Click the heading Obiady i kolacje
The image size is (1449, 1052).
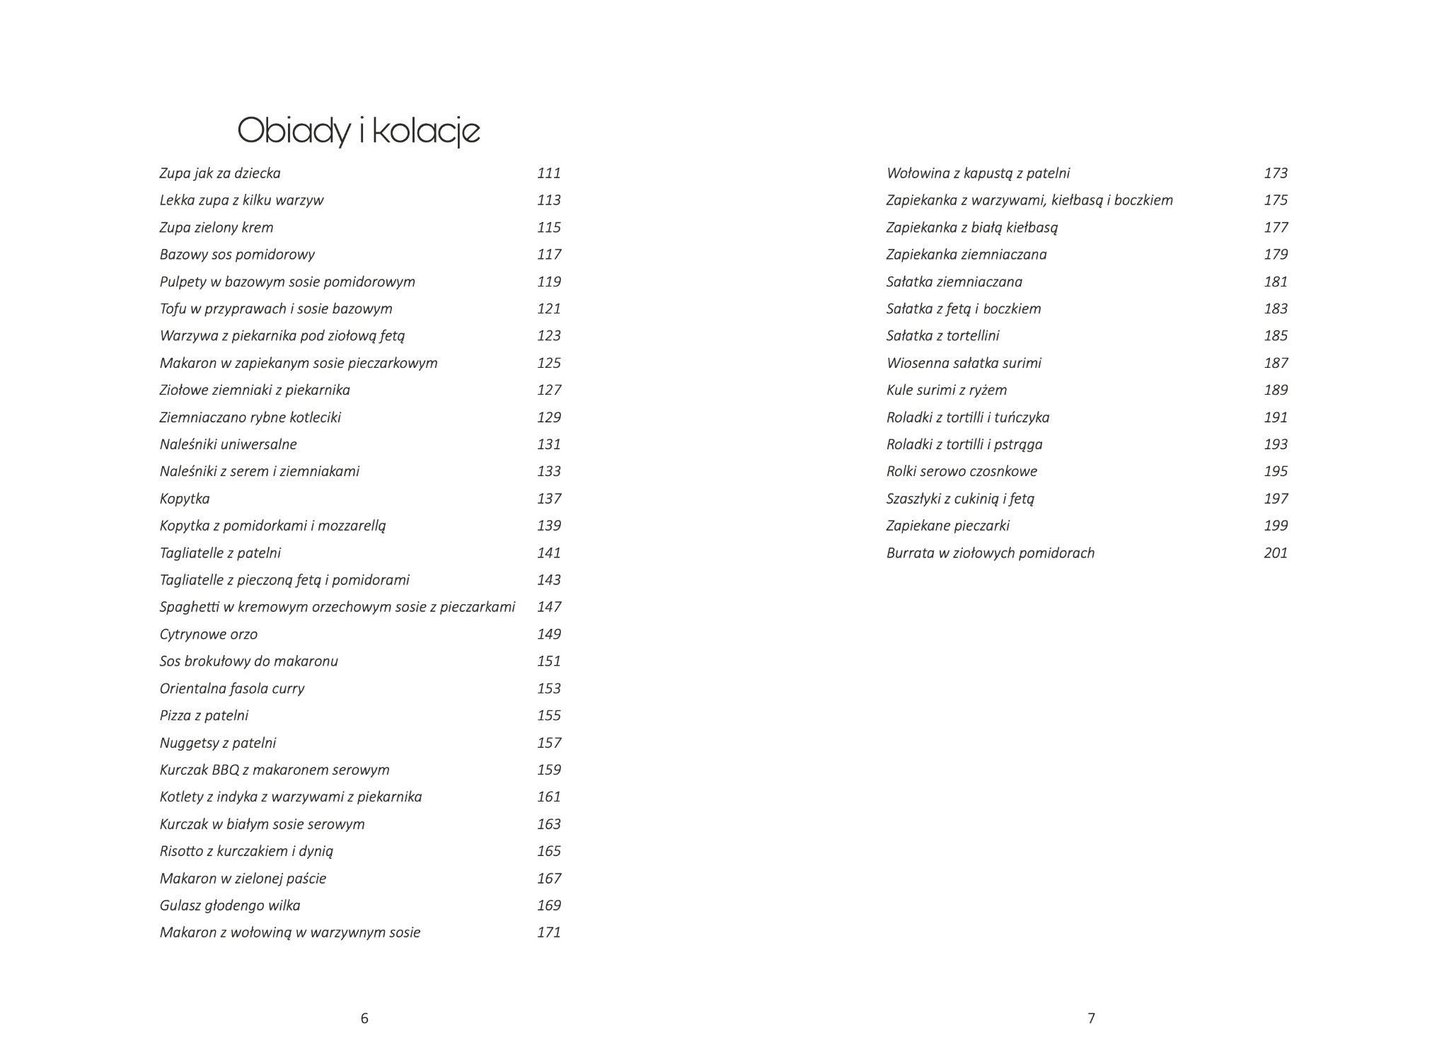click(359, 131)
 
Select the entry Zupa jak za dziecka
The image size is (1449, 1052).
click(220, 173)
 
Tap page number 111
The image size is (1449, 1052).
click(548, 173)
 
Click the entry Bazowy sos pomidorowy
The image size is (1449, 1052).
click(237, 255)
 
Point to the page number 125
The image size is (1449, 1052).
click(548, 363)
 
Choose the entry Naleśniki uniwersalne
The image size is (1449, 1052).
click(228, 444)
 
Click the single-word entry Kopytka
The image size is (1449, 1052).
click(185, 499)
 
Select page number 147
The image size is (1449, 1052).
click(548, 607)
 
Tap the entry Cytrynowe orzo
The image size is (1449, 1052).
click(209, 634)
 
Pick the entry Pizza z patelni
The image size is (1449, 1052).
click(204, 715)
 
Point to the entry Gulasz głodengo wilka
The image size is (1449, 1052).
click(230, 906)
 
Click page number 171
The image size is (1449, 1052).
click(548, 932)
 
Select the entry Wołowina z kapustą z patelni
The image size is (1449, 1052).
click(978, 173)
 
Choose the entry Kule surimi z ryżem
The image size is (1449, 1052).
click(946, 390)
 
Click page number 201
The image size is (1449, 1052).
click(1276, 553)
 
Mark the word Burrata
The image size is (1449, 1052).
click(910, 553)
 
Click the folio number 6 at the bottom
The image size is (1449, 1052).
click(364, 1019)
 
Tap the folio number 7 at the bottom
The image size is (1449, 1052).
click(1091, 1019)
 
